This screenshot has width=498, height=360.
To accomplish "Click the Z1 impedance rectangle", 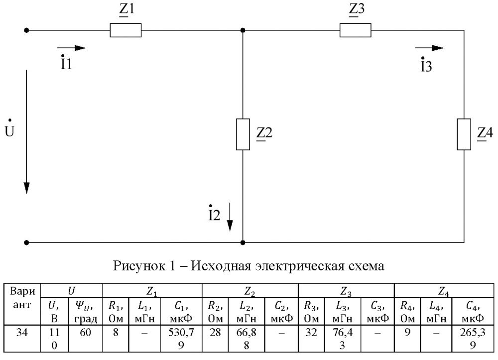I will click(x=125, y=30).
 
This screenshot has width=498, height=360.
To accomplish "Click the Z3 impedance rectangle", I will click(x=356, y=30).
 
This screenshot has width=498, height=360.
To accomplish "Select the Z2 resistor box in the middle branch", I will click(x=243, y=134).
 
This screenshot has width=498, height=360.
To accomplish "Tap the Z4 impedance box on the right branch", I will click(x=464, y=134).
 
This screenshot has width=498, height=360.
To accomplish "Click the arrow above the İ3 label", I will click(x=429, y=48).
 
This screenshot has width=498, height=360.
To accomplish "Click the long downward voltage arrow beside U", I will click(x=27, y=132).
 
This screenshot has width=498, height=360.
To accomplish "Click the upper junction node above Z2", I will click(x=243, y=30).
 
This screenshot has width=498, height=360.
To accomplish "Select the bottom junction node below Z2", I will click(x=243, y=242).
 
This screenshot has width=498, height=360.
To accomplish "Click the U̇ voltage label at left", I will click(x=9, y=130).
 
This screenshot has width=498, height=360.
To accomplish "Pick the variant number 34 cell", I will click(x=22, y=332).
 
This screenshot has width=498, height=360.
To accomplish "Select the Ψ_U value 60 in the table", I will click(x=85, y=332).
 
